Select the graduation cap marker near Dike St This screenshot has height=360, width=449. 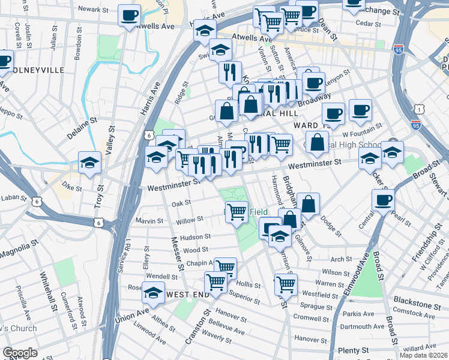89,163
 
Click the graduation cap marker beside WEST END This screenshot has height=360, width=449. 153,293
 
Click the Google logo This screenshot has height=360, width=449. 20,353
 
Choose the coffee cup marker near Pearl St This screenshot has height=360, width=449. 382,200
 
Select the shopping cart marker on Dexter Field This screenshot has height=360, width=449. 237,211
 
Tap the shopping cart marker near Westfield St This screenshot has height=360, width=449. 286,284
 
